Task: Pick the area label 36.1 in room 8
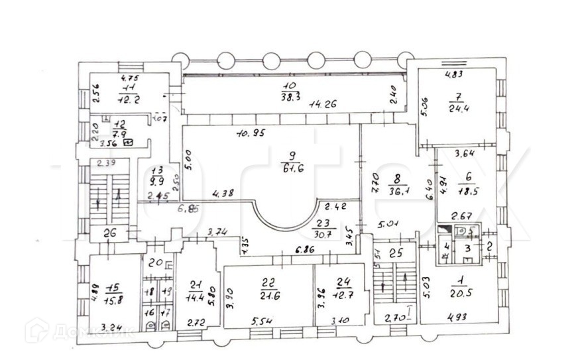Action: (398, 189)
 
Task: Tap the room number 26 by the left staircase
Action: (110, 233)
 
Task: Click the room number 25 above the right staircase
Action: (397, 253)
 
